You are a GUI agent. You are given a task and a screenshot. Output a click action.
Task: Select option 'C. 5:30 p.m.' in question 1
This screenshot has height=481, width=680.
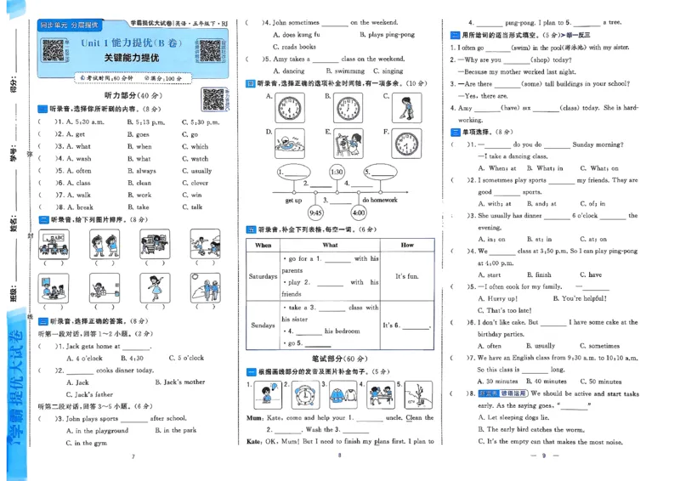point(201,122)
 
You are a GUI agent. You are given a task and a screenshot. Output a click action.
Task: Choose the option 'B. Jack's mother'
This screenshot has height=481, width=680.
point(182,382)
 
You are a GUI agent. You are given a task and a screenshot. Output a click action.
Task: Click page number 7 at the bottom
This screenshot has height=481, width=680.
point(133,458)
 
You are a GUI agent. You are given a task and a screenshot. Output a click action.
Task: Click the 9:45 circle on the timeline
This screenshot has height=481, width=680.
point(316,212)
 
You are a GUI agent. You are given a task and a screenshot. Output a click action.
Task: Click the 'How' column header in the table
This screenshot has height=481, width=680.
point(406,245)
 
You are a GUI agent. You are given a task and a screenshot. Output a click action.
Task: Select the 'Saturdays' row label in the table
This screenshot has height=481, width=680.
point(263,276)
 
